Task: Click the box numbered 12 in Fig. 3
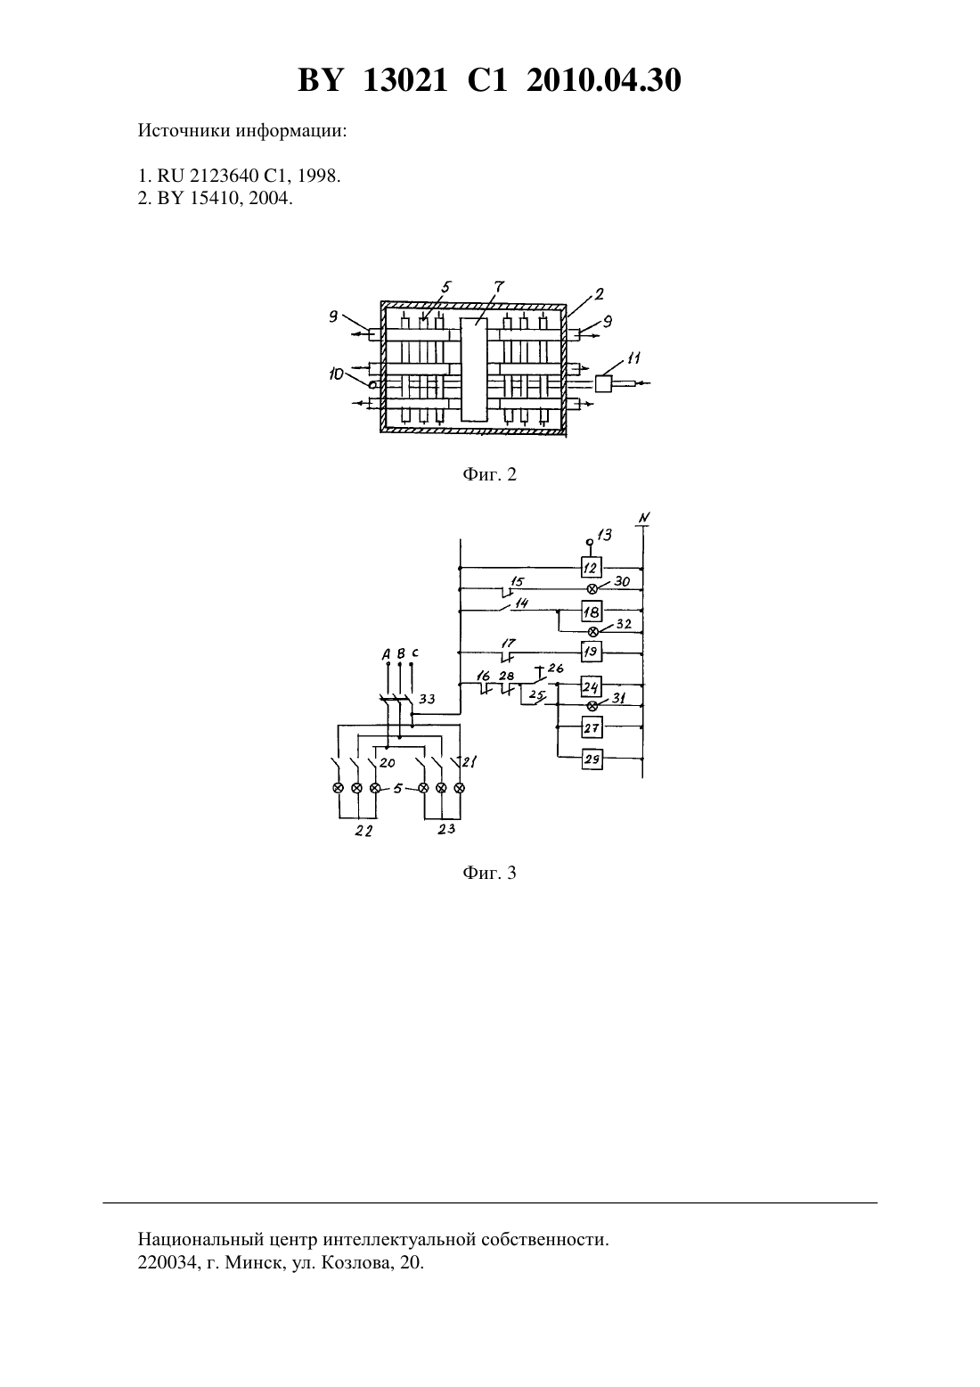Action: pos(591,567)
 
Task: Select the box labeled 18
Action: pos(592,611)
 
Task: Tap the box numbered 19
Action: pos(591,652)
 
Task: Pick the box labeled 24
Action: pos(592,686)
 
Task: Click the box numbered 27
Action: pos(592,727)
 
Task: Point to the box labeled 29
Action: pos(592,759)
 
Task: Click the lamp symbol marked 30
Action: pos(592,588)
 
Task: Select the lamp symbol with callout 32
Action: pos(592,632)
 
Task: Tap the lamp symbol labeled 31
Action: pos(592,706)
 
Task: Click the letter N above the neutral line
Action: pos(644,518)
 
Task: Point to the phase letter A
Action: pos(386,653)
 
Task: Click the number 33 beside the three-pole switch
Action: pos(427,699)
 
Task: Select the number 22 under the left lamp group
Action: pos(363,831)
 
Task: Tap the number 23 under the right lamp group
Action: pos(446,828)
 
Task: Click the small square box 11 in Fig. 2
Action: pos(603,384)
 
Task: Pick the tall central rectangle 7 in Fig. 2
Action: pos(474,370)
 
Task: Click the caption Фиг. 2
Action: pos(489,474)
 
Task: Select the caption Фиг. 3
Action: pos(489,873)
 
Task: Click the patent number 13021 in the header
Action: pos(404,80)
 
